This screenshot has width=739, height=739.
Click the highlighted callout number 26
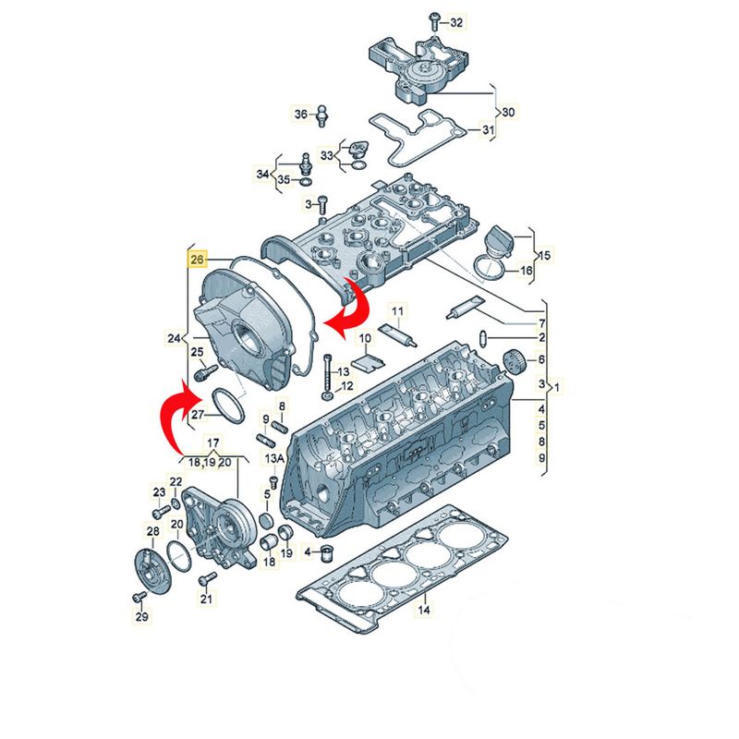point(197,260)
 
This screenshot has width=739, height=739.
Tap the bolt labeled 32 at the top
point(434,22)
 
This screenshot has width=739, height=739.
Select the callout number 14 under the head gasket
point(424,610)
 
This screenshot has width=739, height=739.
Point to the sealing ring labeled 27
point(229,405)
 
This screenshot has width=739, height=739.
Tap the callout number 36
point(301,114)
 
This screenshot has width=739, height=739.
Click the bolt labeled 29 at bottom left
point(139,597)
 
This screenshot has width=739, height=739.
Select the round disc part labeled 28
point(150,571)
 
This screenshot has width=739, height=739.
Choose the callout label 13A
point(274,458)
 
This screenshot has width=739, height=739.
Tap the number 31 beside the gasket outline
point(488,128)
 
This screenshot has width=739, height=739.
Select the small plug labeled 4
point(327,551)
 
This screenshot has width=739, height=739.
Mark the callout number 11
point(398,311)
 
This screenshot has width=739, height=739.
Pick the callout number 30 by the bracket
point(508,112)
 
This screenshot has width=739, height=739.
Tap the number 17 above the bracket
point(213,442)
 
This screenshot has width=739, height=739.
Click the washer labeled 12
point(328,395)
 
